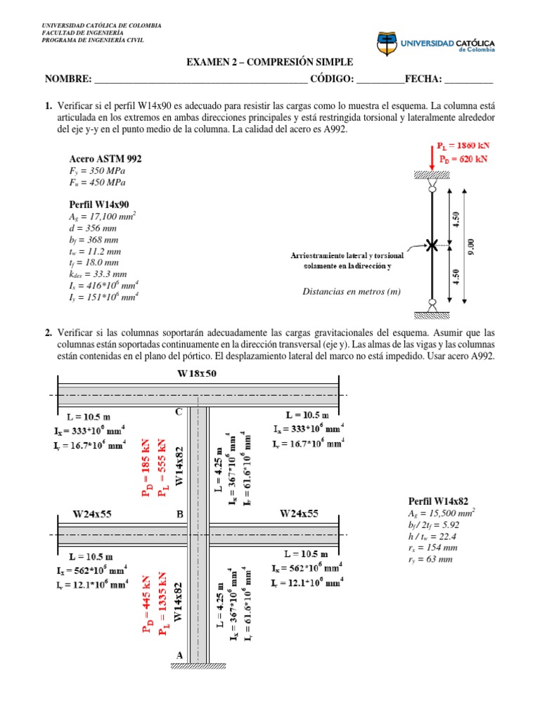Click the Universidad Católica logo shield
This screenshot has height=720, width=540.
point(386,44)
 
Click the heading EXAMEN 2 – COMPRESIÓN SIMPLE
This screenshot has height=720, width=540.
point(269,63)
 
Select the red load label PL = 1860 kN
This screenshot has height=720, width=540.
point(462,146)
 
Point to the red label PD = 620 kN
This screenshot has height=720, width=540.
point(462,159)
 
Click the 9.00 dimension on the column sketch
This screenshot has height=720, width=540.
point(472,245)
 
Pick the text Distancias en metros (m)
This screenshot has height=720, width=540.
point(352,291)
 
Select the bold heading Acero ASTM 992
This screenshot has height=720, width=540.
point(105,159)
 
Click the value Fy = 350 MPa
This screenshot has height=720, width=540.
point(98,171)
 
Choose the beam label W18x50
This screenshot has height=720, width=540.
point(197,373)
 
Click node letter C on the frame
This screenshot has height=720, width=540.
point(179,411)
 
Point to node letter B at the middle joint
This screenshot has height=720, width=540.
point(180,514)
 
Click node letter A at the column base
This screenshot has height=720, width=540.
point(179,655)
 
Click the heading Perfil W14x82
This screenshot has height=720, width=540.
point(438,501)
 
